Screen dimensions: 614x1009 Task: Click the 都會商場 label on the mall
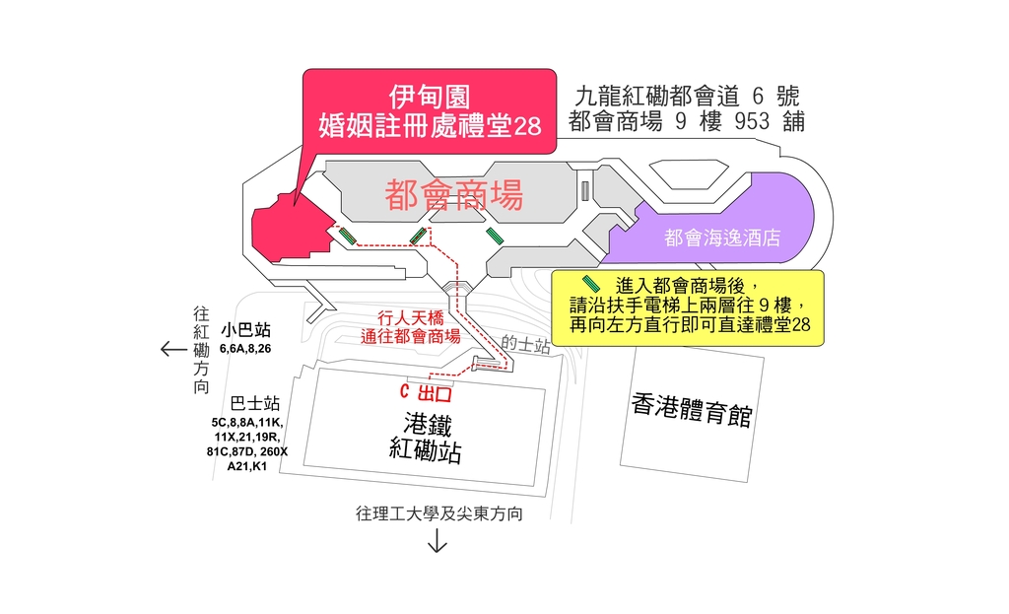pyautogui.click(x=453, y=196)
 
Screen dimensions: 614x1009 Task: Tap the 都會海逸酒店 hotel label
pyautogui.click(x=722, y=238)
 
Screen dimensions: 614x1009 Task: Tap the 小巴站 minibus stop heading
pyautogui.click(x=245, y=329)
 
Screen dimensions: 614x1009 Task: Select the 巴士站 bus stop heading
pyautogui.click(x=254, y=403)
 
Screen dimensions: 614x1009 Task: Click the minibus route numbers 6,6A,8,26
pyautogui.click(x=245, y=349)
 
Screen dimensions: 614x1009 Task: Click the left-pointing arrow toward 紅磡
pyautogui.click(x=172, y=349)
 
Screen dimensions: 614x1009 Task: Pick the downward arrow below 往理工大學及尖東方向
pyautogui.click(x=437, y=542)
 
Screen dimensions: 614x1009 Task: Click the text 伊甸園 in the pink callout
pyautogui.click(x=430, y=97)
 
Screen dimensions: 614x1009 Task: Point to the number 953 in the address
pyautogui.click(x=752, y=122)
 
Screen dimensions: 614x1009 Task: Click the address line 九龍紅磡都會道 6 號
pyautogui.click(x=687, y=96)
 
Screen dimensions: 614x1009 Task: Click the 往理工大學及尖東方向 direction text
pyautogui.click(x=437, y=514)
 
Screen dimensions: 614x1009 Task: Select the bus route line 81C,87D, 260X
pyautogui.click(x=246, y=451)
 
